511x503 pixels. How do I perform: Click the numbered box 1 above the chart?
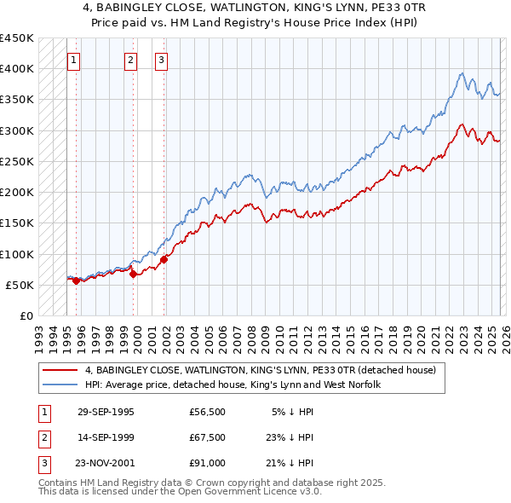(x=74, y=60)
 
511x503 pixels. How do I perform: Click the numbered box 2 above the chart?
(x=130, y=60)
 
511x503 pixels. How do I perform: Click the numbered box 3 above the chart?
(x=161, y=60)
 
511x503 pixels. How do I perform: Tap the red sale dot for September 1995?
(x=76, y=280)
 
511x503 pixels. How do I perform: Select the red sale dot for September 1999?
(x=133, y=274)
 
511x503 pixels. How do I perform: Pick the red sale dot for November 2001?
(x=164, y=259)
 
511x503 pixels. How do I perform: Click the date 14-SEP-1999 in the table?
(x=106, y=437)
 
